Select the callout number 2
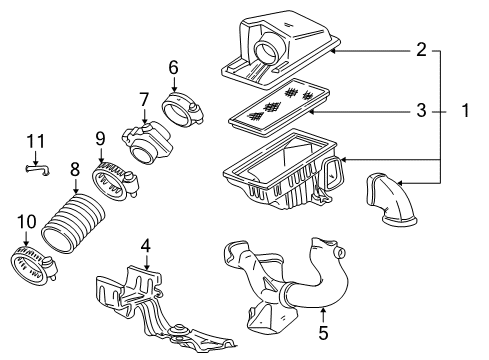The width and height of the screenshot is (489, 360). pos(422,49)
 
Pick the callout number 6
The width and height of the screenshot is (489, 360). pos(172,68)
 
